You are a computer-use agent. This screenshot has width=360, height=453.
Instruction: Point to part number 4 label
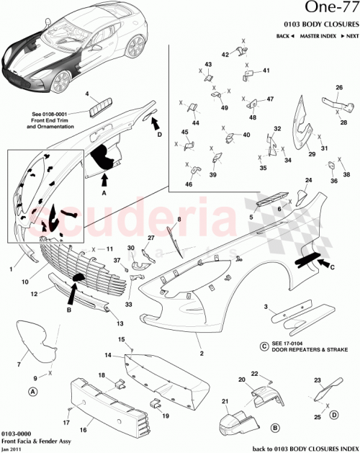pyautogui.click(x=86, y=94)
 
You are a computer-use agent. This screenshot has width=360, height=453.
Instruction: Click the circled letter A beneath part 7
pyautogui.click(x=32, y=392)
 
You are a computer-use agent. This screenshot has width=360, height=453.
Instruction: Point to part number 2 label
pyautogui.click(x=202, y=354)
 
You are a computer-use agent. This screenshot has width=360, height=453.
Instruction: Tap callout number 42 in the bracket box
pyautogui.click(x=225, y=55)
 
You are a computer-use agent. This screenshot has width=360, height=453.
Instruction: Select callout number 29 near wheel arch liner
pyautogui.click(x=312, y=153)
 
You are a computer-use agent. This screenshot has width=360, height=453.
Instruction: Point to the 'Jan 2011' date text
pyautogui.click(x=11, y=448)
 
